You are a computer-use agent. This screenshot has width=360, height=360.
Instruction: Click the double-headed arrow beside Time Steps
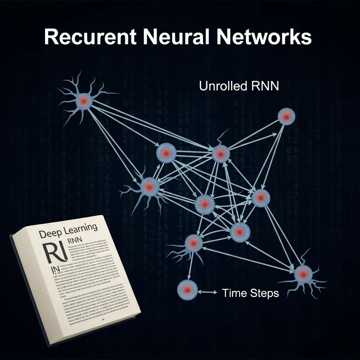pyautogui.click(x=207, y=292)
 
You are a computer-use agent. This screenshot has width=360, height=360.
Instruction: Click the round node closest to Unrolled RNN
pyautogui.click(x=286, y=117)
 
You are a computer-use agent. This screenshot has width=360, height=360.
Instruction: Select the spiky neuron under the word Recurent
pyautogui.click(x=84, y=101)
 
